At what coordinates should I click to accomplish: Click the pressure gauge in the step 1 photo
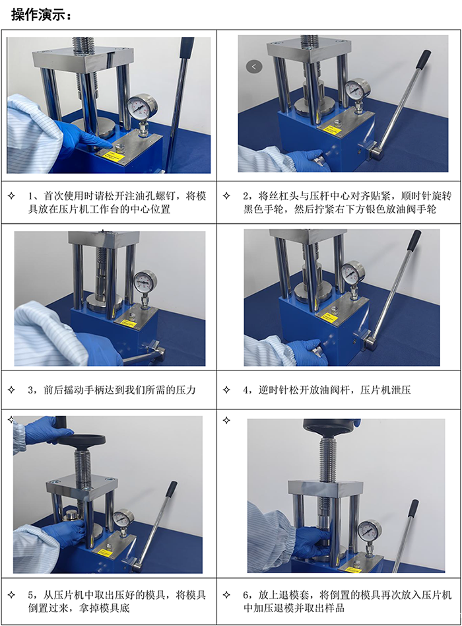(140, 106)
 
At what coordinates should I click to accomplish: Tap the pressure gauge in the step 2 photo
(358, 88)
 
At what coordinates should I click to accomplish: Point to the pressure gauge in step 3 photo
(145, 281)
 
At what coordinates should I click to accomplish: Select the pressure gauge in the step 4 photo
(352, 271)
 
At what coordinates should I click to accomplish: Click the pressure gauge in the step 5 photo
(123, 518)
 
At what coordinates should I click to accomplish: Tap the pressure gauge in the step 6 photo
(369, 530)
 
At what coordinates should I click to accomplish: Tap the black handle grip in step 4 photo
(415, 240)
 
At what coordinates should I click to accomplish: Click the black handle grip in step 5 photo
(170, 489)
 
